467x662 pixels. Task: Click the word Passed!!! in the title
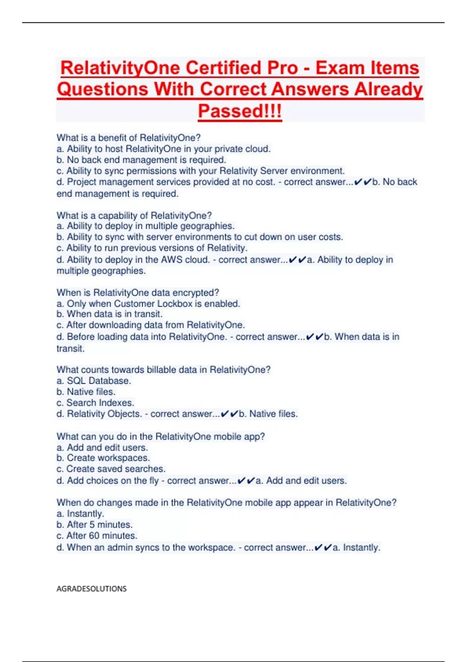(240, 111)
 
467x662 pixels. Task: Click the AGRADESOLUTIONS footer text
(91, 589)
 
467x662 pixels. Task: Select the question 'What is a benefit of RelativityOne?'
(128, 138)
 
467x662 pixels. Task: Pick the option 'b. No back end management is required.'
(141, 160)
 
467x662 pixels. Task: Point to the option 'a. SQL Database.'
(93, 381)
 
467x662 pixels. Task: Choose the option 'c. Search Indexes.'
(95, 403)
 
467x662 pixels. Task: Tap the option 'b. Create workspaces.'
(103, 458)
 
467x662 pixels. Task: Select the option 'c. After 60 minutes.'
(97, 536)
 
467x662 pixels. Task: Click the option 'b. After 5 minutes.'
(95, 525)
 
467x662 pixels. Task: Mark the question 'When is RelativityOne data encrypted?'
(138, 293)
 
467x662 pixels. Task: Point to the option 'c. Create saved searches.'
(111, 469)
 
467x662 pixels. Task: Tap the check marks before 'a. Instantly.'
(323, 548)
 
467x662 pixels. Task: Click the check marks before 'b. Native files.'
(229, 414)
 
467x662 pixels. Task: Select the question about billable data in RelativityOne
(163, 370)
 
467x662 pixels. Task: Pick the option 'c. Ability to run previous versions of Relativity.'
(152, 248)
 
